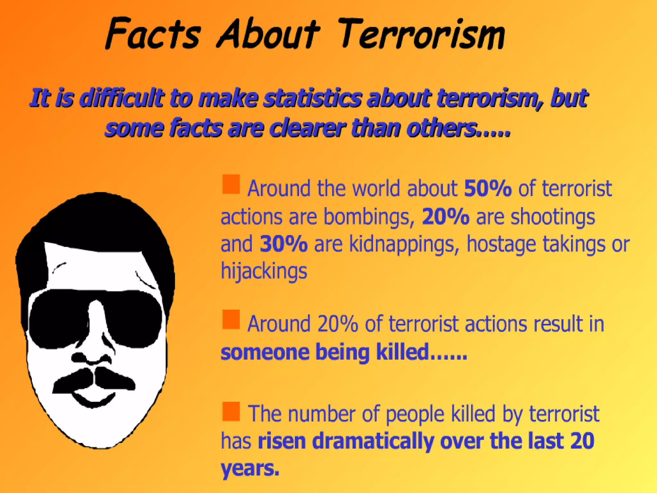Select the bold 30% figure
click(284, 244)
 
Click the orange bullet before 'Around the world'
click(231, 184)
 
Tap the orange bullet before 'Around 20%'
click(231, 319)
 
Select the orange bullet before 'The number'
click(231, 411)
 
